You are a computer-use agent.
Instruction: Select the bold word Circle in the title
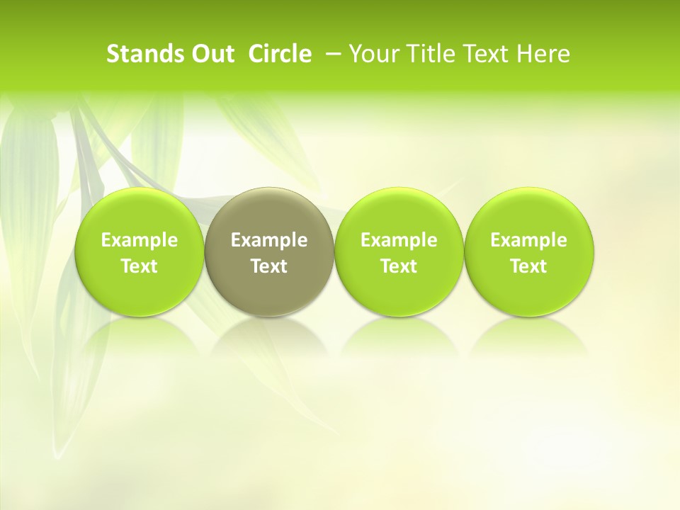point(280,54)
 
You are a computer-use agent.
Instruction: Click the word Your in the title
point(372,54)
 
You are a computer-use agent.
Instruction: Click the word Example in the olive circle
point(269,240)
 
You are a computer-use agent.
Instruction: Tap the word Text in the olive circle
point(269,266)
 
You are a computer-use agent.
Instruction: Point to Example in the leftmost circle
point(140,240)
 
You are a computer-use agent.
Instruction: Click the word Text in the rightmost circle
point(529,266)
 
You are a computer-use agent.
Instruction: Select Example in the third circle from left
point(399,240)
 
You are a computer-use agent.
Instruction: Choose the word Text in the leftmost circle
point(140,266)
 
